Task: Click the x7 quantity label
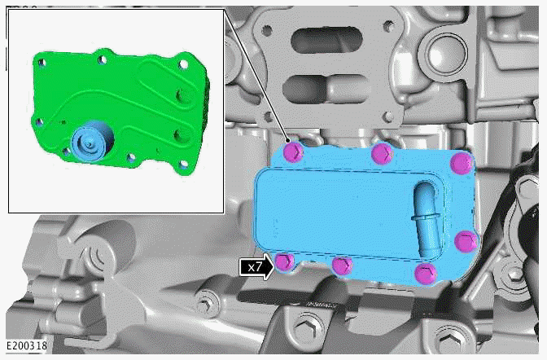pos(256,266)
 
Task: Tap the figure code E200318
pos(24,345)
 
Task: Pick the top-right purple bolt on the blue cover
pos(461,162)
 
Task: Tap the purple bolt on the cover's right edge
pos(465,240)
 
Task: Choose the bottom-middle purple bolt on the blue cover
pos(343,266)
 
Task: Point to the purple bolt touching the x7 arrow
pos(283,261)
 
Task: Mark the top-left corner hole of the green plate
pos(37,58)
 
